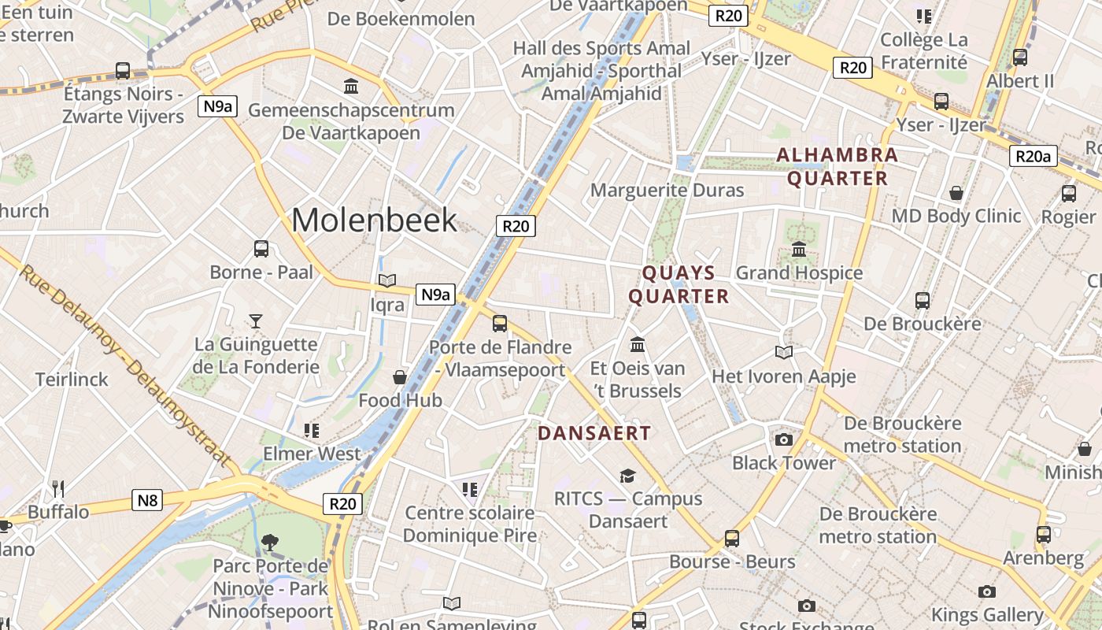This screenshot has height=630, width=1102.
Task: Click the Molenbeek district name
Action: click(374, 220)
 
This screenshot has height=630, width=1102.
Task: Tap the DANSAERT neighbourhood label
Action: click(594, 433)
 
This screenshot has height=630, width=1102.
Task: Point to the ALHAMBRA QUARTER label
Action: click(838, 166)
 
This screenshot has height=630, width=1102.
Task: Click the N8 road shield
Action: click(147, 500)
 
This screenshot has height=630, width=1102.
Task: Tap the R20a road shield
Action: click(1033, 157)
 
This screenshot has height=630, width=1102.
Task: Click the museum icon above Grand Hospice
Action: click(799, 250)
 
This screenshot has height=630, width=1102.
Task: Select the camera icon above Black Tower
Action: click(783, 439)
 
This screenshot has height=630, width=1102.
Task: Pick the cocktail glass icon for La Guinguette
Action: click(256, 321)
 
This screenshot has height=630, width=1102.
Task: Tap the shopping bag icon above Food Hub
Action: click(400, 377)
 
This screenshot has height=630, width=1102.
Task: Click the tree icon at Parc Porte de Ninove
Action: click(270, 542)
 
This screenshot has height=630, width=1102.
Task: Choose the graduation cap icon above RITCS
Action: click(627, 476)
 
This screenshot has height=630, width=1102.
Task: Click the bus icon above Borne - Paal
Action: click(261, 249)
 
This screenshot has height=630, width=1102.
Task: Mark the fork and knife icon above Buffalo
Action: click(57, 488)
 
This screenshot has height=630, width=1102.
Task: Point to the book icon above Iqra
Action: click(386, 280)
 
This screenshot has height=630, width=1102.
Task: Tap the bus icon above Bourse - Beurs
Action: click(732, 539)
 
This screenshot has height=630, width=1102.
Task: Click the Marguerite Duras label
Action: click(667, 190)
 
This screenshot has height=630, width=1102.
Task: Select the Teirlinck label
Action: click(72, 380)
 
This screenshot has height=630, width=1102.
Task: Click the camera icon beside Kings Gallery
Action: click(987, 591)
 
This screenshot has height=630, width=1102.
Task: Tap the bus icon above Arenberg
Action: click(1043, 535)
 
